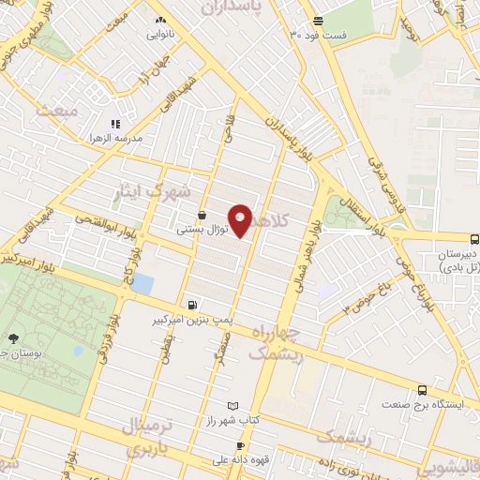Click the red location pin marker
241,219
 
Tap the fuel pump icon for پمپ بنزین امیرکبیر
192,304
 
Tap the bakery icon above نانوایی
161,20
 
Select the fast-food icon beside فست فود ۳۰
319,21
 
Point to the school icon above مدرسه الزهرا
116,123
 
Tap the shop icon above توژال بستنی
202,216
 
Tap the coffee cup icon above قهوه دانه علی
240,446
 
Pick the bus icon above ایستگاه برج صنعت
422,390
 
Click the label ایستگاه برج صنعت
422,405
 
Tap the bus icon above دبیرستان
473,239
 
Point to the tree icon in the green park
12,338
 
